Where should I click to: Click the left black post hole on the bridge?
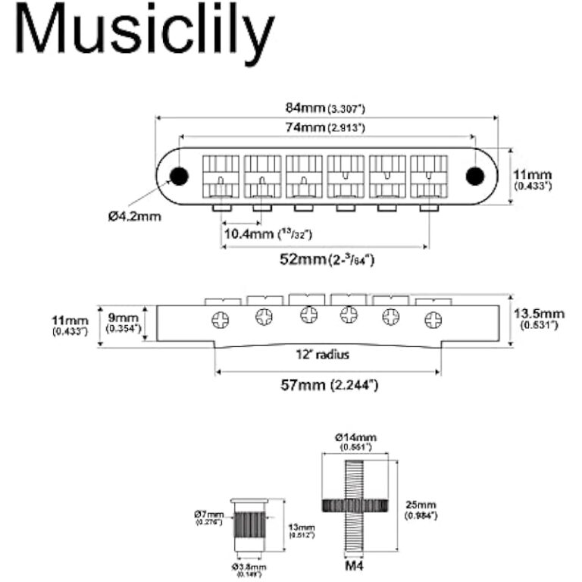(x=179, y=176)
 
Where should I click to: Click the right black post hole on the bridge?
(x=475, y=176)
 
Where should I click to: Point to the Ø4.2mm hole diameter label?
(x=133, y=216)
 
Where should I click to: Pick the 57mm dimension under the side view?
(x=327, y=384)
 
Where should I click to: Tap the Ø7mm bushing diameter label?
(x=209, y=517)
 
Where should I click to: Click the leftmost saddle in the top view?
(x=221, y=176)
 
